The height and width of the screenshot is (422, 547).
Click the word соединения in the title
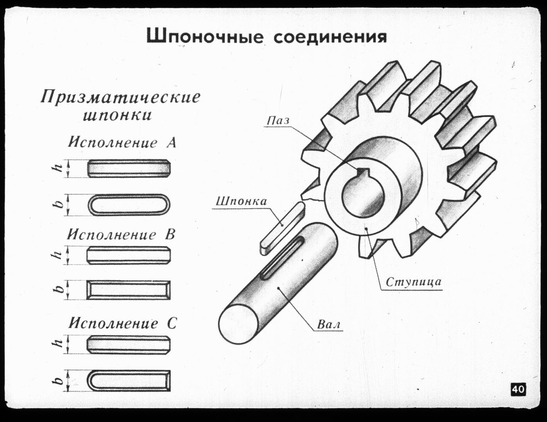click(330, 37)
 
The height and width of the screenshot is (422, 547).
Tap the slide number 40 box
click(518, 389)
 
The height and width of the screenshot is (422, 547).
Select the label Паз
click(278, 120)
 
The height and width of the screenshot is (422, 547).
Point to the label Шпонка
click(241, 201)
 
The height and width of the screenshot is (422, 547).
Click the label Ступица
click(413, 282)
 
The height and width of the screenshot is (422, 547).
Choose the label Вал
click(329, 324)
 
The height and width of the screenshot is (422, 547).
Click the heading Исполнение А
click(122, 142)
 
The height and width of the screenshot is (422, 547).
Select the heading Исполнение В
click(121, 234)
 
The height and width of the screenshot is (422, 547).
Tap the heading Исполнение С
click(123, 324)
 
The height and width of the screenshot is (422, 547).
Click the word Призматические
click(121, 97)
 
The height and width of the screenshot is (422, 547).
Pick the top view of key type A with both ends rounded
click(129, 204)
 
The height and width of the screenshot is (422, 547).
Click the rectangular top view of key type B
click(128, 290)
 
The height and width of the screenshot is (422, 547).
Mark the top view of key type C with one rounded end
click(128, 381)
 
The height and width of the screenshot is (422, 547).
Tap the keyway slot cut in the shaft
click(283, 257)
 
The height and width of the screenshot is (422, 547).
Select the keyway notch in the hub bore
click(363, 172)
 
